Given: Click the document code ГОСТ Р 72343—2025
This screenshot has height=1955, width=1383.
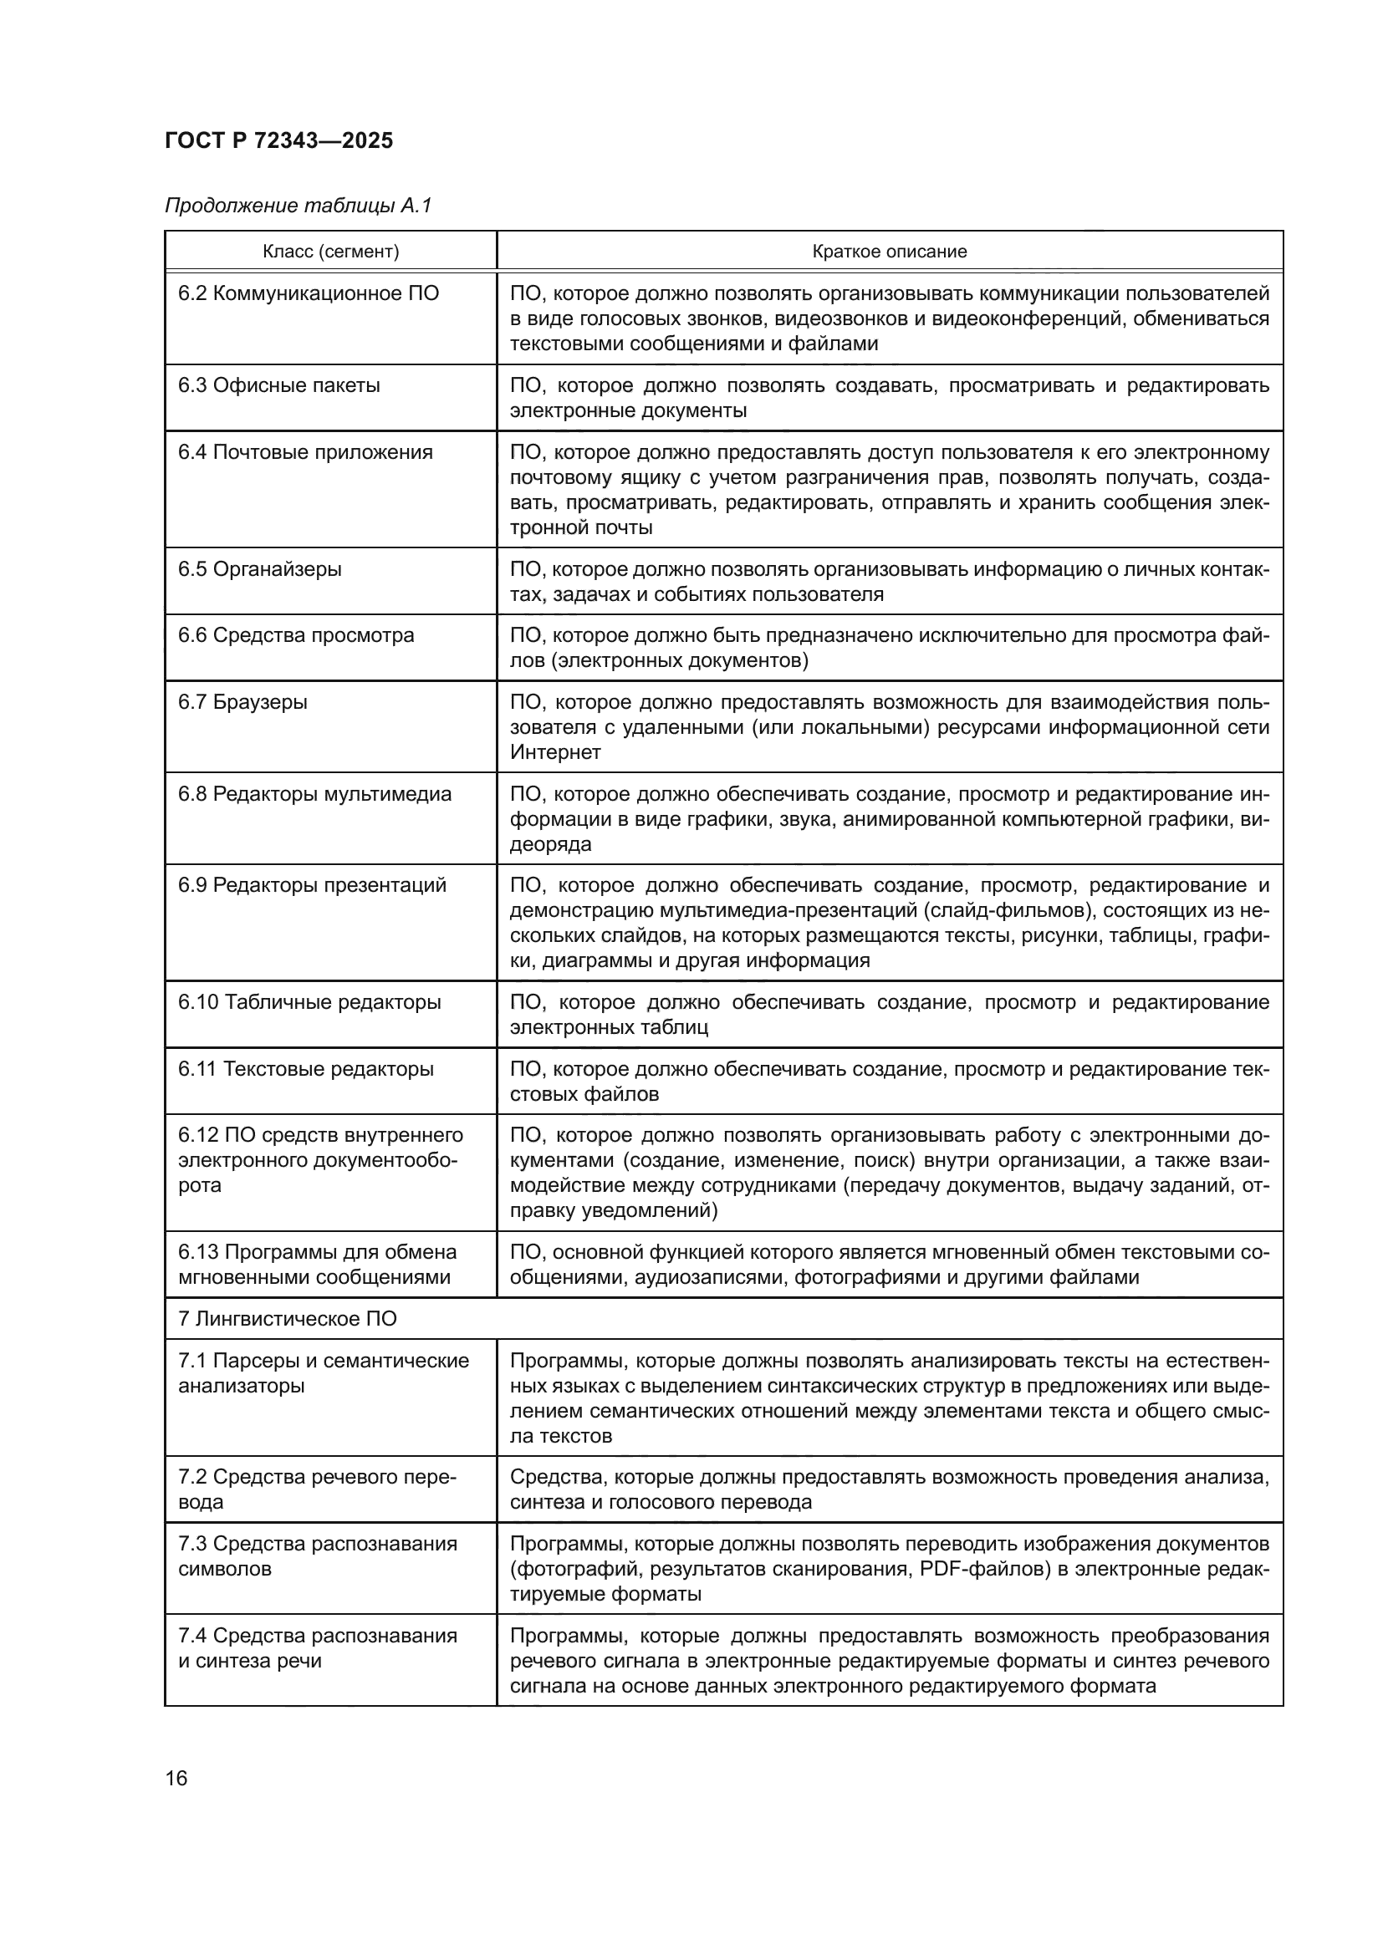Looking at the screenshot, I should tap(278, 140).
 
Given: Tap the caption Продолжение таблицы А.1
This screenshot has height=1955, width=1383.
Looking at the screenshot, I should tap(298, 206).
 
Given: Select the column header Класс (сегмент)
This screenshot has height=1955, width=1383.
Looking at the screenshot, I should tap(330, 252).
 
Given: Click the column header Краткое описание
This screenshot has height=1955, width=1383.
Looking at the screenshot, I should tap(889, 252).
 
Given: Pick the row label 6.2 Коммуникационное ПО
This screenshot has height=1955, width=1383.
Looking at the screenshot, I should tap(309, 293).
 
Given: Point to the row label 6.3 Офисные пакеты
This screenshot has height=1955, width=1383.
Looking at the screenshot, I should tap(278, 385).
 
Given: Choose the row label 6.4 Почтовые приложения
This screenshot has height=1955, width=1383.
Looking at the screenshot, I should tap(305, 452).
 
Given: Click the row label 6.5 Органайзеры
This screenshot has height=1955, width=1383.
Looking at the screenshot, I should tap(260, 569).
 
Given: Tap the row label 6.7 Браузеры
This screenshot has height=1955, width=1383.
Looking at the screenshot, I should tap(242, 702).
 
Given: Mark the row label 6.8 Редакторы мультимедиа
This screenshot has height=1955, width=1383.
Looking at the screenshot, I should tap(314, 794).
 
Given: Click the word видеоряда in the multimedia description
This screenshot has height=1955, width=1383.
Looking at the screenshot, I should tap(550, 845).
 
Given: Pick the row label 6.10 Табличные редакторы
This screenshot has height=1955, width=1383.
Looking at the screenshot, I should tap(309, 1002).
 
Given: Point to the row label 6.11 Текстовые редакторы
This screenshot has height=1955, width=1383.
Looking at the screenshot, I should tap(306, 1070).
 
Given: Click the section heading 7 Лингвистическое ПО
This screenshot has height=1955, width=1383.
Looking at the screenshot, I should tap(287, 1319).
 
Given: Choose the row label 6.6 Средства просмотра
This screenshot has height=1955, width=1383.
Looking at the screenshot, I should tap(295, 635).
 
